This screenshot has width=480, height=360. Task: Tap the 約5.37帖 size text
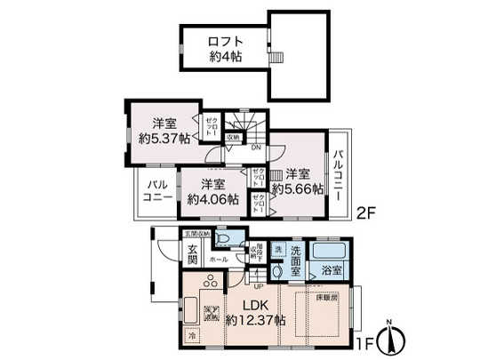[x=165, y=138]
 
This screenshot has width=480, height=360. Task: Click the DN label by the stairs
[x=255, y=148]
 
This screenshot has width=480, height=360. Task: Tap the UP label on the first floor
[x=259, y=285]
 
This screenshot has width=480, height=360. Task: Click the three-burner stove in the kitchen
[x=213, y=284]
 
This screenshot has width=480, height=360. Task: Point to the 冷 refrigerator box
[x=192, y=336]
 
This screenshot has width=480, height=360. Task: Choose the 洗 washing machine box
[x=278, y=249]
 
